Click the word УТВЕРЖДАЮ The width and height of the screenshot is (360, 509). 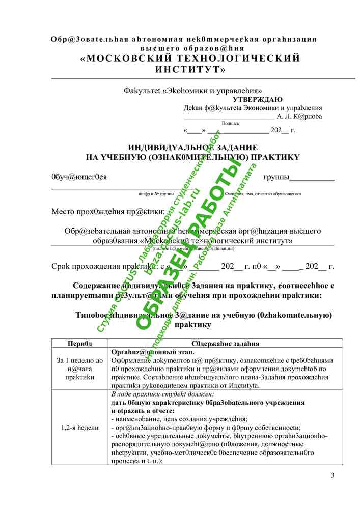(258, 100)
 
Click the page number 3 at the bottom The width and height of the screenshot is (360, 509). (333, 476)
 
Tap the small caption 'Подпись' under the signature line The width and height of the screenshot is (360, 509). (230, 123)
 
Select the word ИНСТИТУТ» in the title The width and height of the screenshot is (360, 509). (190, 69)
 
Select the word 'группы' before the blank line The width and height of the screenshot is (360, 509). (276, 177)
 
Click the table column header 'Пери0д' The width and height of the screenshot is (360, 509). (80, 344)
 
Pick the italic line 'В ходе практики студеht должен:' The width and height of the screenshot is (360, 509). (162, 394)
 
